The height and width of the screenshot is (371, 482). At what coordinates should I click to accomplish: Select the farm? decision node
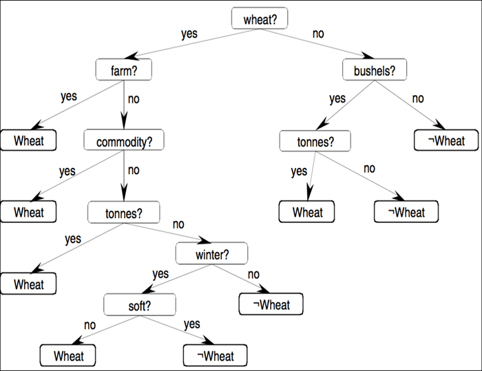(x=123, y=70)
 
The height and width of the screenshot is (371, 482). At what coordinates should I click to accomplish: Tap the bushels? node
(x=375, y=70)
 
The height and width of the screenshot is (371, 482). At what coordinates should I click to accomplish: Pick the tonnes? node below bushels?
(x=315, y=141)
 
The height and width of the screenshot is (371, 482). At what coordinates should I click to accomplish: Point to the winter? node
(x=211, y=255)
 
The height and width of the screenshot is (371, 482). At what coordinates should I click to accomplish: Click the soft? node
(x=139, y=303)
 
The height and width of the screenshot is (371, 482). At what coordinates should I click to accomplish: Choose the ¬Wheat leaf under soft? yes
(x=214, y=355)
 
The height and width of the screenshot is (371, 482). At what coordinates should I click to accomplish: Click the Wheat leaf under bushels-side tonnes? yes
(x=307, y=212)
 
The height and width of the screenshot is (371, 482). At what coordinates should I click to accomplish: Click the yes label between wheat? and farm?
(x=189, y=34)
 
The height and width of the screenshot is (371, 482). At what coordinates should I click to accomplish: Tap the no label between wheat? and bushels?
(x=318, y=32)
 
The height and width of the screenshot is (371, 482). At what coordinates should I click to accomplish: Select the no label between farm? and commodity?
(x=134, y=98)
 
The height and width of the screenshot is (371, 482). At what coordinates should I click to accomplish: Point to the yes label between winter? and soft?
(x=160, y=274)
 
